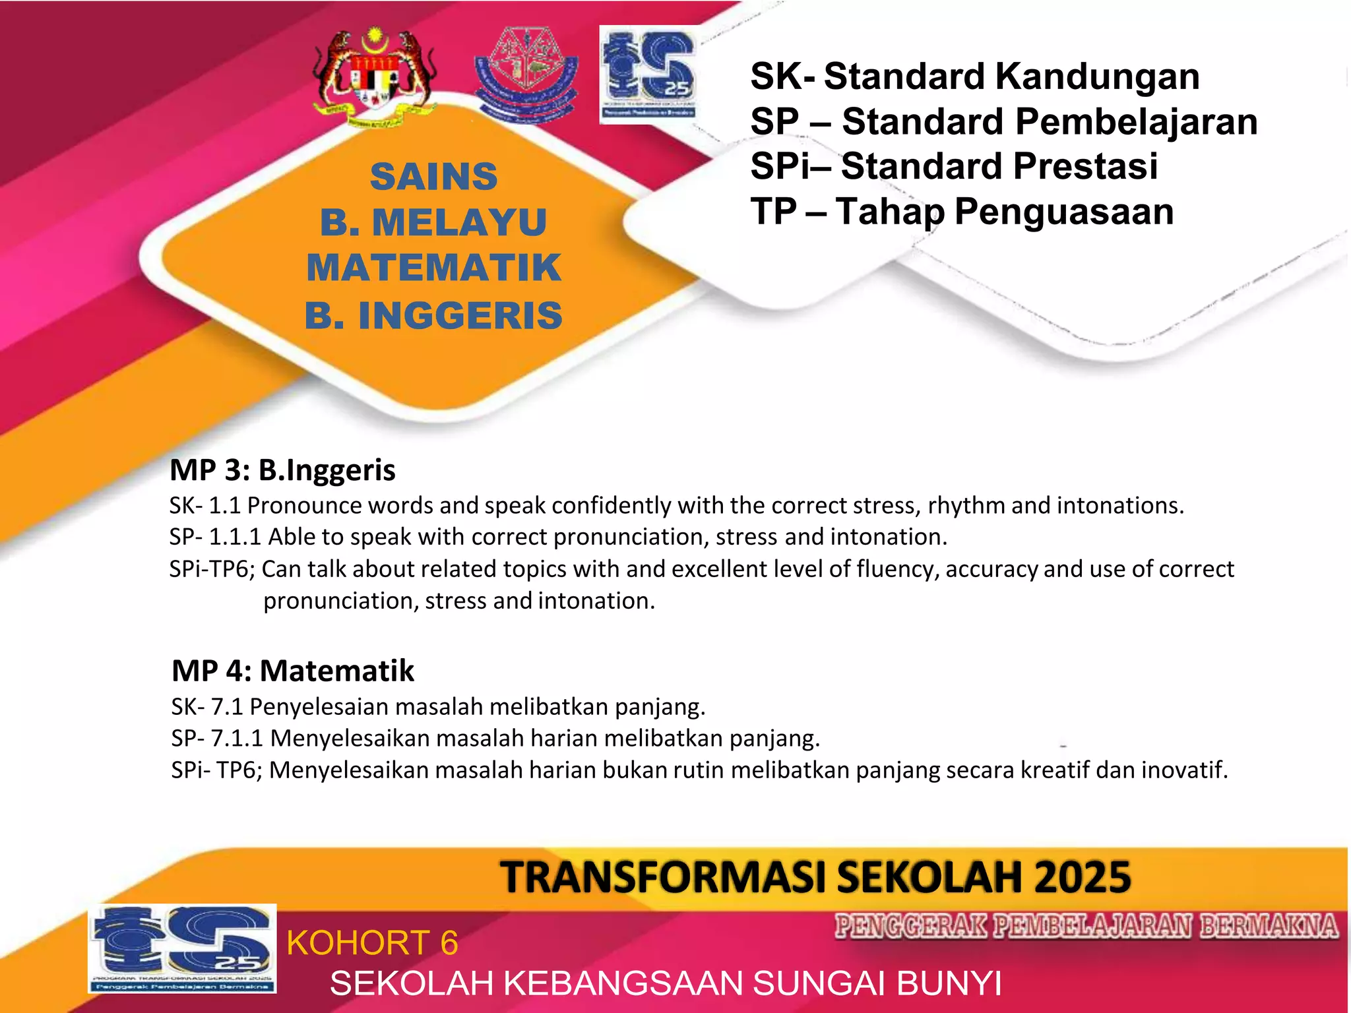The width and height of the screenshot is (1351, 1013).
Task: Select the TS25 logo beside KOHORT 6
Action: (x=182, y=948)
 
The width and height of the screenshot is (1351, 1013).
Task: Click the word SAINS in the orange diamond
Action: (x=433, y=177)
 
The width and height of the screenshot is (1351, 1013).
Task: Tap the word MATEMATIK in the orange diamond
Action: (x=433, y=268)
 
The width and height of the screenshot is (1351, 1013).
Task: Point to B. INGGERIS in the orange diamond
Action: (x=433, y=315)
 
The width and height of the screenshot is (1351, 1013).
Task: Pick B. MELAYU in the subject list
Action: (x=433, y=222)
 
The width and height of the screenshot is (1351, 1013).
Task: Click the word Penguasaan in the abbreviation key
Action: (x=1063, y=212)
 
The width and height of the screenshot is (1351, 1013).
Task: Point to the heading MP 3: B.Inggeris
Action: (x=282, y=470)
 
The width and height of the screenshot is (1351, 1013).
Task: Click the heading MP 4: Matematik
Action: (x=293, y=671)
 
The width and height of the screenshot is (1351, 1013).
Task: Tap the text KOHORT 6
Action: (x=372, y=942)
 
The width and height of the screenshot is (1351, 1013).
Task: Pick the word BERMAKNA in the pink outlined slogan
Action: (x=1268, y=926)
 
